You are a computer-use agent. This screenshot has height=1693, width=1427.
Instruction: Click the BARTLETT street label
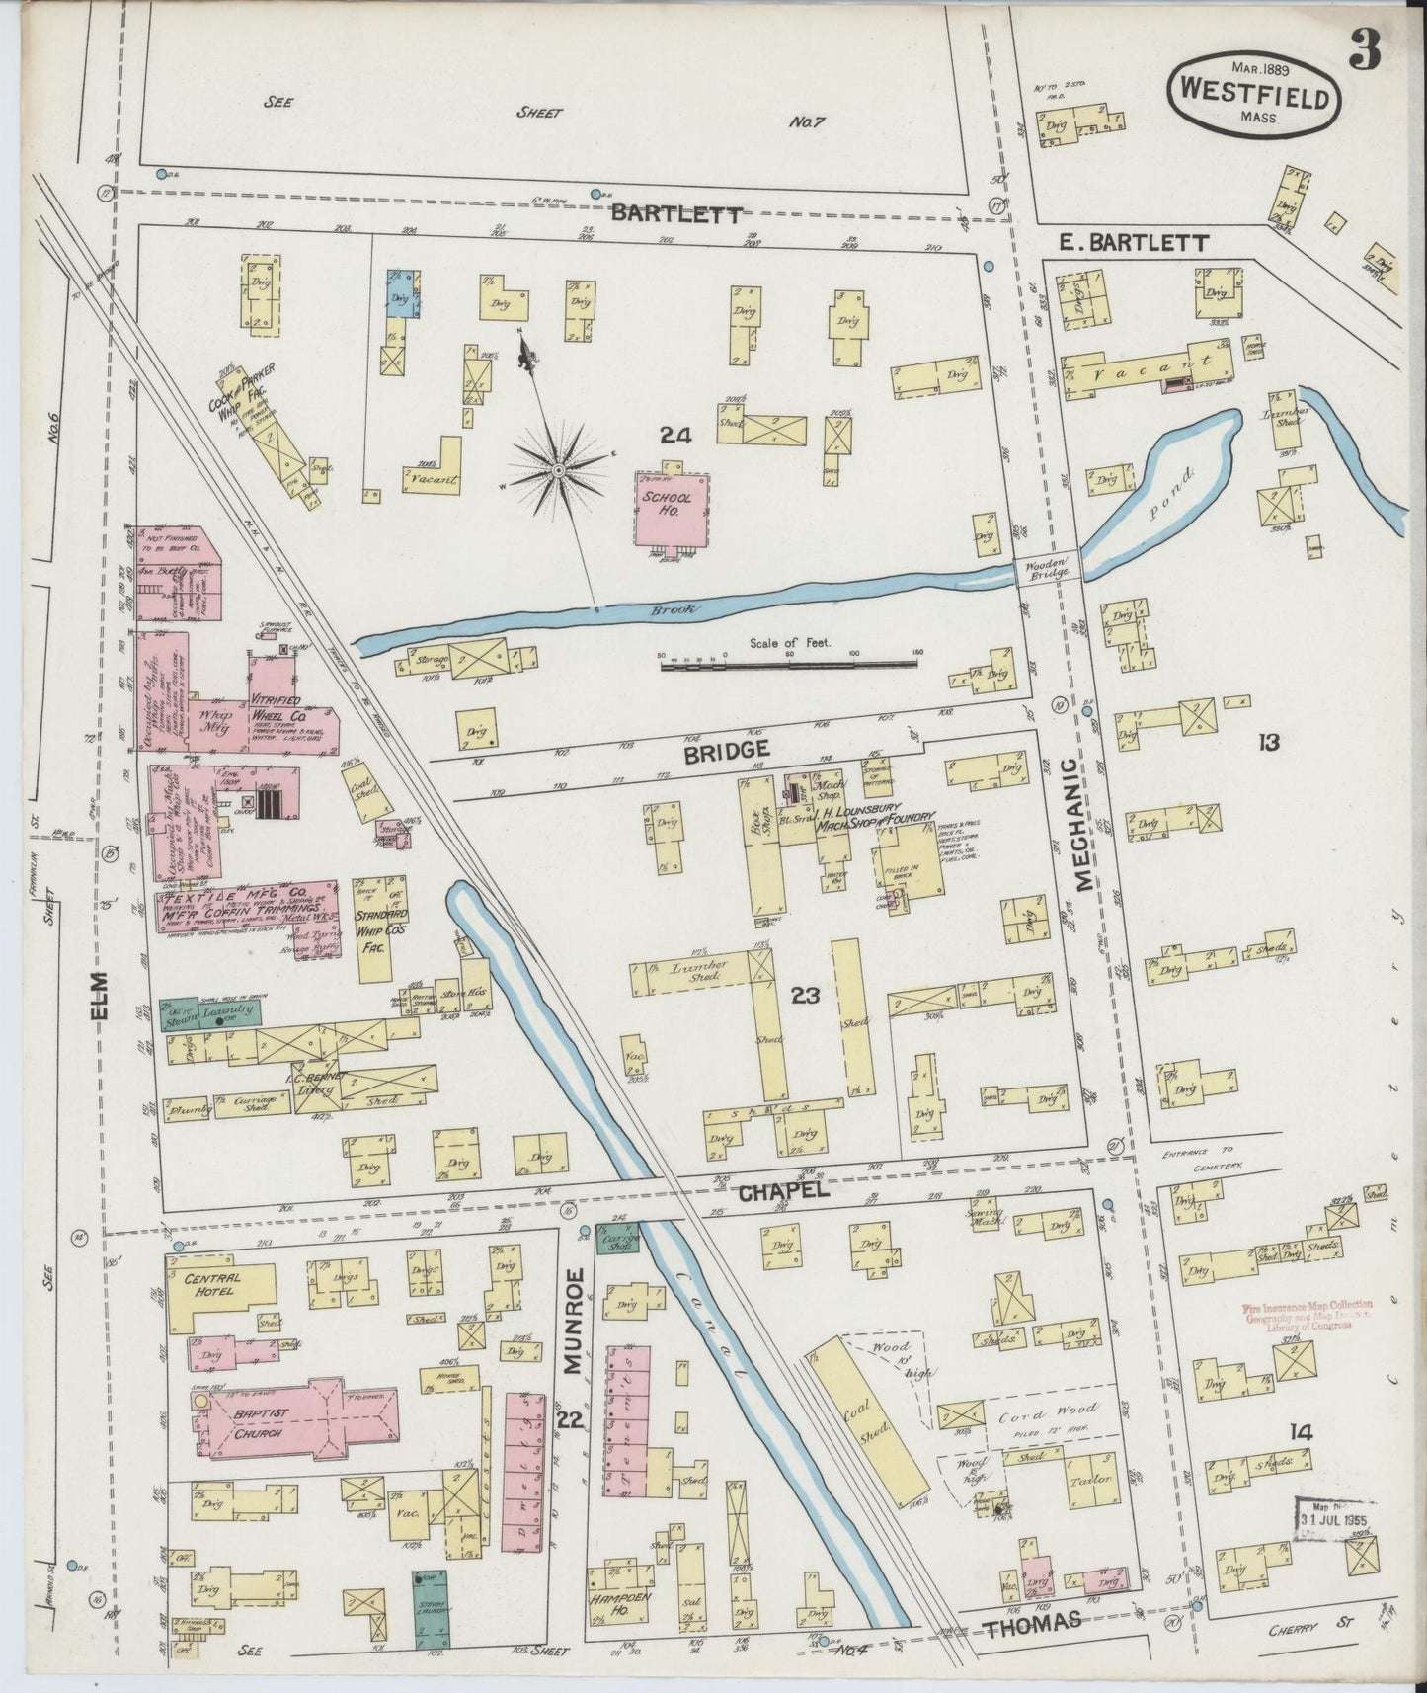(x=674, y=214)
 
